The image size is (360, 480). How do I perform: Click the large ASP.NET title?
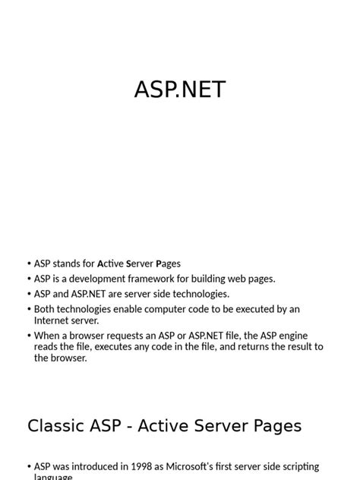180,90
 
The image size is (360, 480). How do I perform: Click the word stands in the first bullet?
67,264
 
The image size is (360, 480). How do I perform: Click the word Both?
46,309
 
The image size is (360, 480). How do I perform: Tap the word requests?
132,335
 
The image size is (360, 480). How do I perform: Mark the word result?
292,346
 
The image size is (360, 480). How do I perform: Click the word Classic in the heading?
56,426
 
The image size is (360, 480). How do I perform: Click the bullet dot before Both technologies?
29,309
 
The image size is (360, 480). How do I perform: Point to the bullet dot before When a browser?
29,335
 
